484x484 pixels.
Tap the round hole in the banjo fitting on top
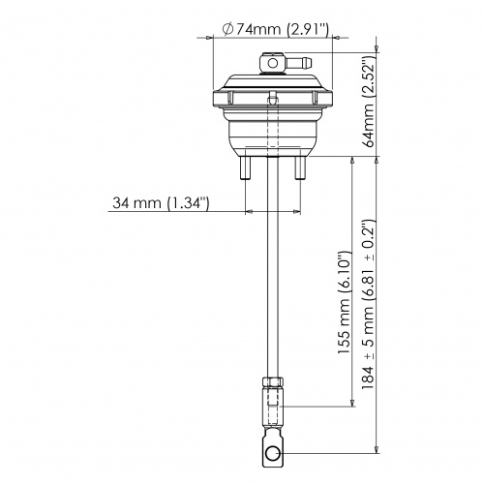[273, 63]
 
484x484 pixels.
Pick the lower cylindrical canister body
[271, 136]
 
